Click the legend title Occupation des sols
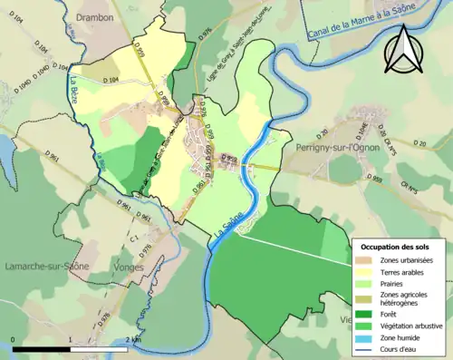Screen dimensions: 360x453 (397, 246)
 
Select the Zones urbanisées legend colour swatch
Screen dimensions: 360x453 (366, 260)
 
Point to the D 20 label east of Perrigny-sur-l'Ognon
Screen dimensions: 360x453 (419, 143)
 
